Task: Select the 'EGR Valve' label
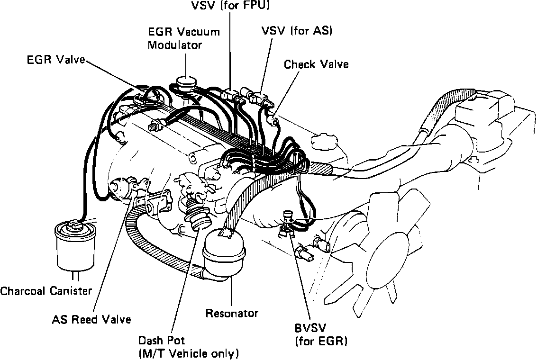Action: click(x=56, y=61)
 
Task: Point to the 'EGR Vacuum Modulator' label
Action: click(x=184, y=39)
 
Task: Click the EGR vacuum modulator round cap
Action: click(x=186, y=81)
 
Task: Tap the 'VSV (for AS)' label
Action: click(x=297, y=31)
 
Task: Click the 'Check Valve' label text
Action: click(x=316, y=64)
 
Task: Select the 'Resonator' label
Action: click(x=232, y=313)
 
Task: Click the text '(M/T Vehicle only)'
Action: click(x=188, y=353)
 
